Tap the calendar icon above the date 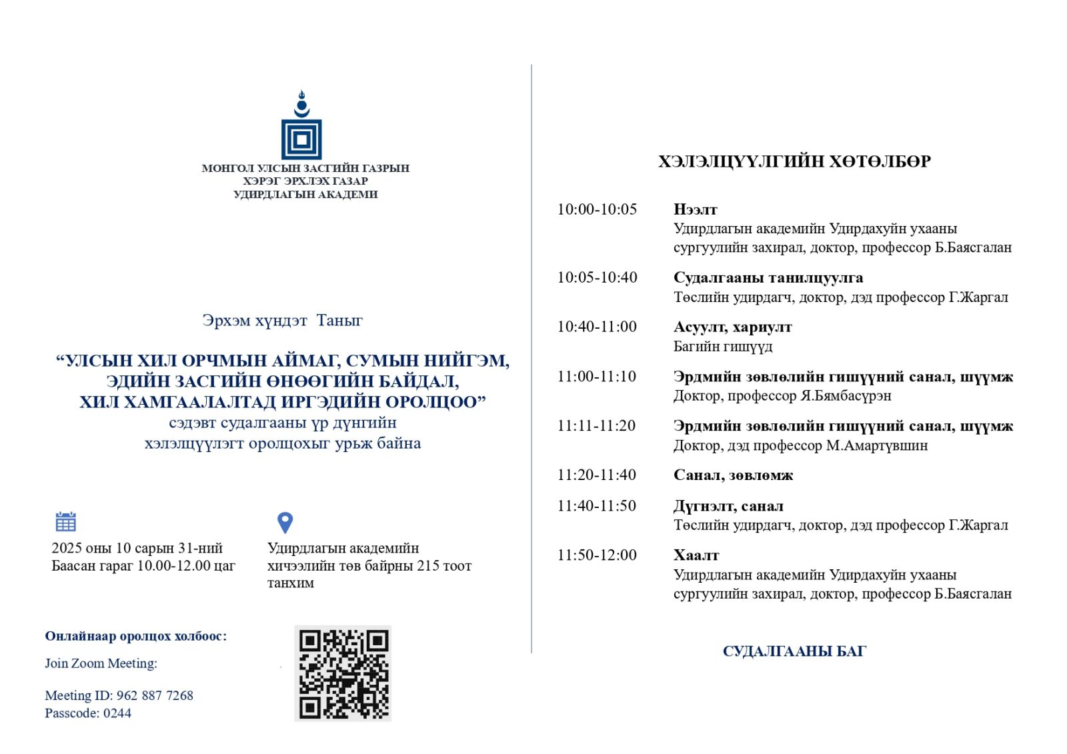65,521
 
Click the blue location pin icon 285,522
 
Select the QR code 343,674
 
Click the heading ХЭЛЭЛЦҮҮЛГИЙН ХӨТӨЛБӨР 794,161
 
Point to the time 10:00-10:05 597,209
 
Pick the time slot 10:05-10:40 597,277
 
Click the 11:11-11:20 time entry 596,426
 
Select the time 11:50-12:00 597,555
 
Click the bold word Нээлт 695,210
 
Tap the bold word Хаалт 696,555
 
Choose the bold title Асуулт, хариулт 732,327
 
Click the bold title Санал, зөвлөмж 733,475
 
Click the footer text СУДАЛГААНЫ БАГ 794,651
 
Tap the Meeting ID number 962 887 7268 155,695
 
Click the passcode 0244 117,713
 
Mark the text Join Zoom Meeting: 101,663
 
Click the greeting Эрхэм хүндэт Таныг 282,321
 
